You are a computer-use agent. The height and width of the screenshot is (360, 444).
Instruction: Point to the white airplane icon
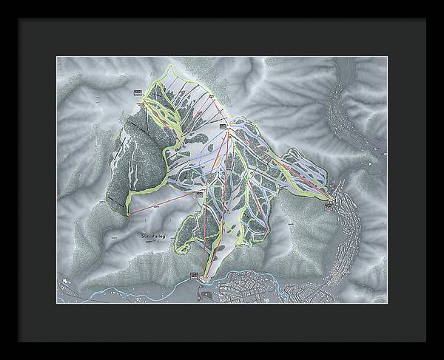(65, 281)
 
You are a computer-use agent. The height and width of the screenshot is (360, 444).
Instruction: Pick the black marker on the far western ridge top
(138, 92)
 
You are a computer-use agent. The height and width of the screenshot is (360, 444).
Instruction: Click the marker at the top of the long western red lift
(199, 194)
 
